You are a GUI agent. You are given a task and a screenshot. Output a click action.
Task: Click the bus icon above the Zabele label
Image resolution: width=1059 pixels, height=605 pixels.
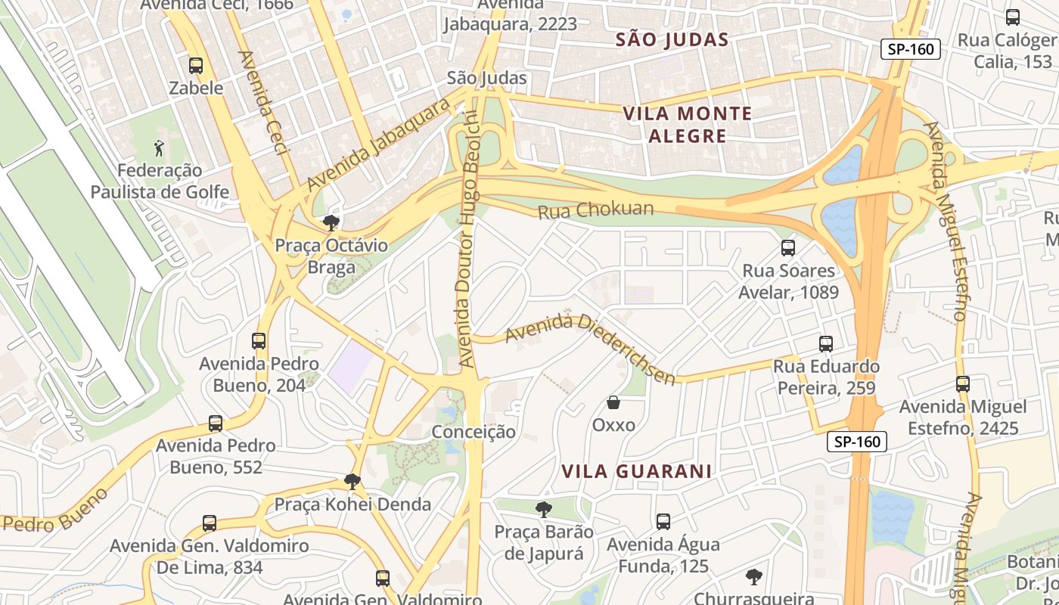point(196,66)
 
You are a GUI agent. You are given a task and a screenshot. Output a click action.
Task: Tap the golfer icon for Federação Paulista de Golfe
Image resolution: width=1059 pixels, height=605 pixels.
point(159,148)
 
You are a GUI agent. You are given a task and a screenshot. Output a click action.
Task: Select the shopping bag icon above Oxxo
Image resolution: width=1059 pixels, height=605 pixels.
point(613,402)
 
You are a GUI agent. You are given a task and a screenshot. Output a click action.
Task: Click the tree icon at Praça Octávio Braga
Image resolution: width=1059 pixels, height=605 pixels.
point(331,222)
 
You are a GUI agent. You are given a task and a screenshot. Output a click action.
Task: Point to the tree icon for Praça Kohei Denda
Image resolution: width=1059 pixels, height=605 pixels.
point(352,481)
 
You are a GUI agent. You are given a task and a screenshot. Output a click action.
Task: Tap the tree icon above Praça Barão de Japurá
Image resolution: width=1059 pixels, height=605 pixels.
point(543,509)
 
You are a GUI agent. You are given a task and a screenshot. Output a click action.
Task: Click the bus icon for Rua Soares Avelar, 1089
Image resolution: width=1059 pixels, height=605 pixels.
point(788,247)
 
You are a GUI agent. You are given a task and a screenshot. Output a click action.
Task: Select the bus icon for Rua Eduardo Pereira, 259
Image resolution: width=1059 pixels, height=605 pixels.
point(825,344)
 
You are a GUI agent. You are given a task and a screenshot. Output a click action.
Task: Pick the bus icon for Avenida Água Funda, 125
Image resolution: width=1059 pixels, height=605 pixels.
point(663,521)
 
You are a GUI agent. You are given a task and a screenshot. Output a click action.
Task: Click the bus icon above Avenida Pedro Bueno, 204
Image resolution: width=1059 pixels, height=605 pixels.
point(259,341)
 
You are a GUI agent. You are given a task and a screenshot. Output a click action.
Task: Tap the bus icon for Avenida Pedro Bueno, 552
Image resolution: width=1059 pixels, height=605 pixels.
point(216,423)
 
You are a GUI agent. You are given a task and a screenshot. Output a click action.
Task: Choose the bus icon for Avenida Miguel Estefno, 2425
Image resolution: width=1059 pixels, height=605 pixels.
point(963,384)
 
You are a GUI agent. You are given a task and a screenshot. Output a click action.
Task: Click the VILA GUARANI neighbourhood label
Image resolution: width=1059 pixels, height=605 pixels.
point(636,471)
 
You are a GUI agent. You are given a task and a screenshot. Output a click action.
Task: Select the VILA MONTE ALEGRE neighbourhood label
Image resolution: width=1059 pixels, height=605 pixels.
point(687,125)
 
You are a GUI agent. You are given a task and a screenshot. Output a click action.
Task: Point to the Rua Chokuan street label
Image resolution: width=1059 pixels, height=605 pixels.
point(595,209)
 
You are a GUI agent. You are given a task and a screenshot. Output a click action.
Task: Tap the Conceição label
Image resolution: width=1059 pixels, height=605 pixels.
point(474,432)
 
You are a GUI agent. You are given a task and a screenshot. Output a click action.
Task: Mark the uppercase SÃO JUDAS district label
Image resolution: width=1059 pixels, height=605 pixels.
point(672,39)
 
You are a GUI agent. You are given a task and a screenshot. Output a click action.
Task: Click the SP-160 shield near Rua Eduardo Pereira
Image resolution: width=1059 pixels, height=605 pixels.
point(856,442)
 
